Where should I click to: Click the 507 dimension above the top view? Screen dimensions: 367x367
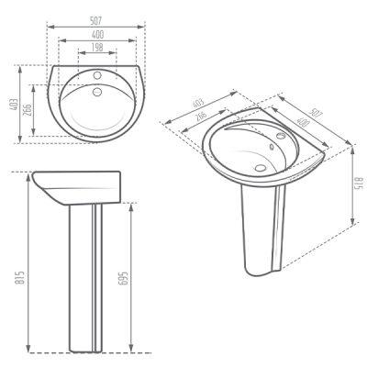click(x=95, y=21)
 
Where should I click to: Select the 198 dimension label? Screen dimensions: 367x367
click(x=97, y=48)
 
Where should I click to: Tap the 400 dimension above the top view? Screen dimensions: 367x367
click(x=97, y=35)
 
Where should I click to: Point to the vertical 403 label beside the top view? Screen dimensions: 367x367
click(x=14, y=104)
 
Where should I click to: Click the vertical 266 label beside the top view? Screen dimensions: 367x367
click(x=28, y=110)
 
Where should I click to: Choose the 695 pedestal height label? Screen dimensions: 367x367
click(x=122, y=278)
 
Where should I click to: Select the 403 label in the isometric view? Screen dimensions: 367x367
click(x=198, y=102)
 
